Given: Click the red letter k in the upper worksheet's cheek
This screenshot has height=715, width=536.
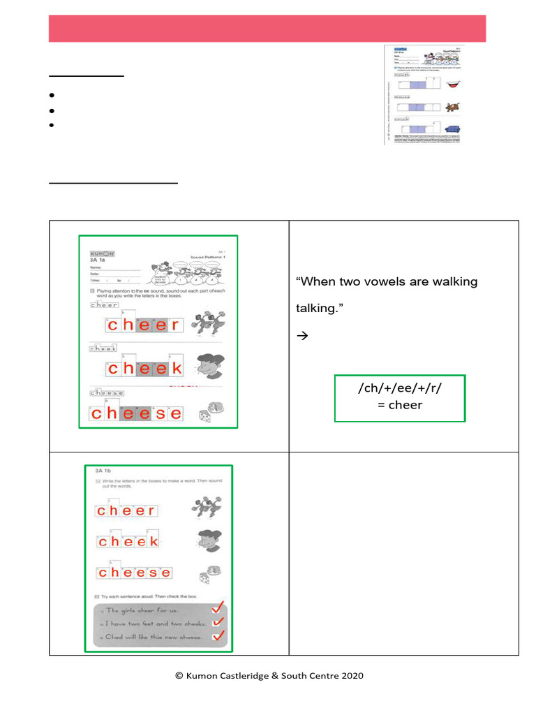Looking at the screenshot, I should pyautogui.click(x=177, y=369).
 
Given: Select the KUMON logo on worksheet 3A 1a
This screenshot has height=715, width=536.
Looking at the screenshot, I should pyautogui.click(x=102, y=253).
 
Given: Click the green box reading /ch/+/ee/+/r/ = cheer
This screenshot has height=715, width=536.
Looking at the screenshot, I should pyautogui.click(x=400, y=398).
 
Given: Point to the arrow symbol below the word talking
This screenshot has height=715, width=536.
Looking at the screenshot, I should pyautogui.click(x=301, y=336).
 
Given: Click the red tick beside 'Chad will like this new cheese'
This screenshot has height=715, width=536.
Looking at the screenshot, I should pyautogui.click(x=218, y=636).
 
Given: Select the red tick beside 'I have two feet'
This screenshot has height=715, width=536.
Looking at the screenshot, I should pyautogui.click(x=218, y=621).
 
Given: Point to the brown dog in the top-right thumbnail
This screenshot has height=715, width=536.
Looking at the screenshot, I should pyautogui.click(x=452, y=107).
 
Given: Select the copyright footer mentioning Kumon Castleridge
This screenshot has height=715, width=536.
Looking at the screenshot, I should pyautogui.click(x=269, y=675).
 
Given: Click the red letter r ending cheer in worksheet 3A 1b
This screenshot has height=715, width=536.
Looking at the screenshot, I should pyautogui.click(x=151, y=510).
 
